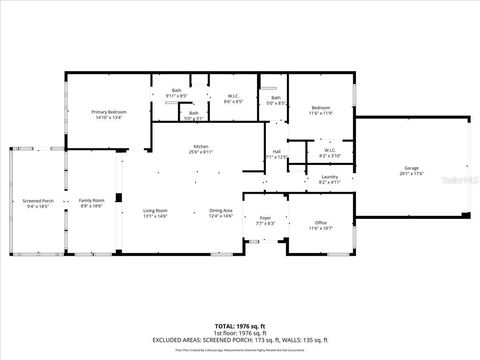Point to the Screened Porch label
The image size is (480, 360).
39,201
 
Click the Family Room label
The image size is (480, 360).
92,201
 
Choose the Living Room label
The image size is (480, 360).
155,210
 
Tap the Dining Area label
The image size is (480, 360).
221,210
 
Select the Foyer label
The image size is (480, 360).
265,217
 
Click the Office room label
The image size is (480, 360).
320,222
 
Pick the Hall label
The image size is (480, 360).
276,151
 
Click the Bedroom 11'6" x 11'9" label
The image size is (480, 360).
320,107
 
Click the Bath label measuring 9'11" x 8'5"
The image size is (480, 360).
176,92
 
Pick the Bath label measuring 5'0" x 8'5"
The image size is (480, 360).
276,97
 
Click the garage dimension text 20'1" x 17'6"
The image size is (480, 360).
411,173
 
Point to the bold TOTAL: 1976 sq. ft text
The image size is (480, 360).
240,326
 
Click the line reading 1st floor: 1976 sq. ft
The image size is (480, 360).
240,333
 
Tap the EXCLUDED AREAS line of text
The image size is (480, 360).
240,340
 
